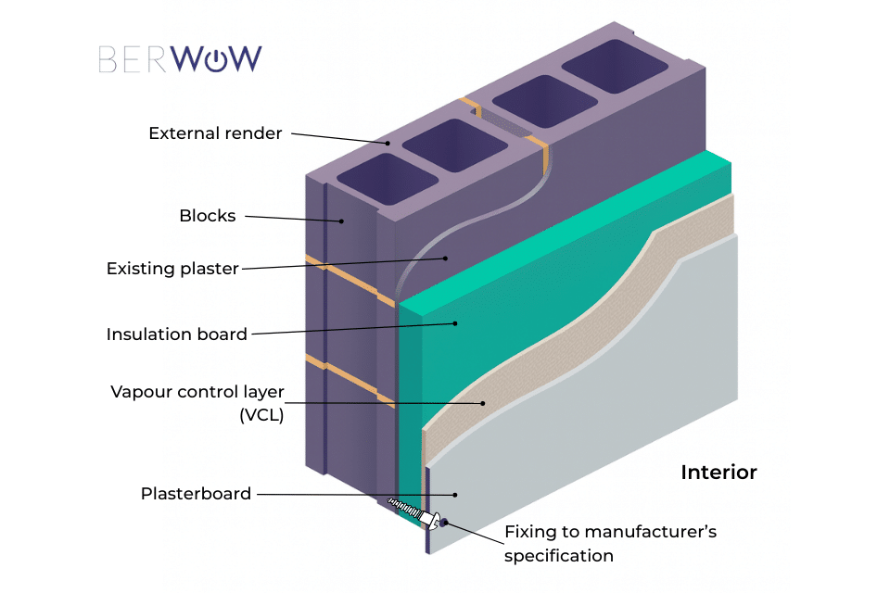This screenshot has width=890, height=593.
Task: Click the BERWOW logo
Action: (x=180, y=59)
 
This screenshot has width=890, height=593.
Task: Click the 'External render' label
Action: (x=215, y=133)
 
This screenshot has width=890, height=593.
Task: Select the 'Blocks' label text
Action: (x=208, y=216)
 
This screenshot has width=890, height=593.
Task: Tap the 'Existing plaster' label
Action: (x=172, y=269)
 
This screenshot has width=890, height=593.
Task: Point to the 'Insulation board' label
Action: (x=177, y=334)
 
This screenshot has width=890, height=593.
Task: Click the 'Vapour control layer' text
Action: (x=197, y=391)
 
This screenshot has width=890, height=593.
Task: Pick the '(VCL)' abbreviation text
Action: (x=261, y=416)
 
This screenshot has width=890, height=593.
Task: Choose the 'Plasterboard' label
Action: (x=196, y=494)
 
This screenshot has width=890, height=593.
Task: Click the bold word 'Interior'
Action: (x=718, y=473)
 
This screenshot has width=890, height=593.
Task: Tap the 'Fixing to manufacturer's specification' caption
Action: (x=610, y=544)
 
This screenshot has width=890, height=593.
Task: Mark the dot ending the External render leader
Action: (x=388, y=143)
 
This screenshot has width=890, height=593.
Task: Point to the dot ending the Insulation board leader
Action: (x=455, y=323)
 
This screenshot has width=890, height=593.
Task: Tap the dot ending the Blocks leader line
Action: (x=342, y=221)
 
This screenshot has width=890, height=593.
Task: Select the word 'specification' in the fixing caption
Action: (x=559, y=556)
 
